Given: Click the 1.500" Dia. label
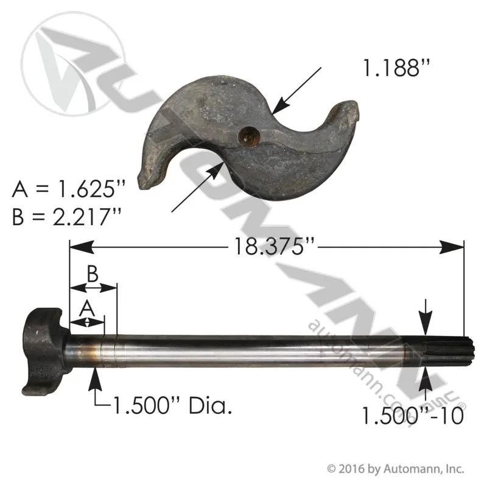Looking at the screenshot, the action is [173, 406].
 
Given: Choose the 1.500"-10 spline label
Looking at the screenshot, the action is [413, 416].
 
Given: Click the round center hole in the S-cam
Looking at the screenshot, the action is [249, 136].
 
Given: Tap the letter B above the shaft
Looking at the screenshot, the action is [93, 275].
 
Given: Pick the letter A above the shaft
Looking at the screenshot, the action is [87, 309].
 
